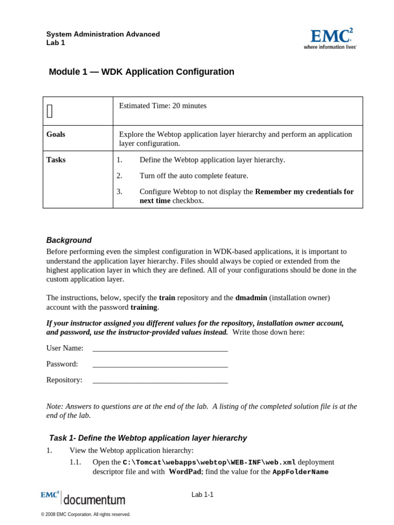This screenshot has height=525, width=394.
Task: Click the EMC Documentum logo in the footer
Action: coord(83,498)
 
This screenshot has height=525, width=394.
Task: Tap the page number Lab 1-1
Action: coord(203,495)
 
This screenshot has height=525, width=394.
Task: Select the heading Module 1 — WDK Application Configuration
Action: coord(142,72)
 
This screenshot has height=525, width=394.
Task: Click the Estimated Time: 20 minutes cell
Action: coord(163,106)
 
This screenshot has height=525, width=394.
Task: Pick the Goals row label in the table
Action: coord(56,134)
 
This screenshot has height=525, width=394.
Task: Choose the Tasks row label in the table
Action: coord(56,160)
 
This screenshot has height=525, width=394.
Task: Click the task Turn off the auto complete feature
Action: coord(193,176)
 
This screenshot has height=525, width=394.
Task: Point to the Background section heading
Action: coord(69,240)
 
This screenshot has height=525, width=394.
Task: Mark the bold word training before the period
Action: coord(144,307)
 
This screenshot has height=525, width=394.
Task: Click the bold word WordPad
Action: coord(185,472)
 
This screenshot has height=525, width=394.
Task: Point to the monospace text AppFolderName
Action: coord(300,472)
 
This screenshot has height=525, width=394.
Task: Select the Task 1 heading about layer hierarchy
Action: coord(148,438)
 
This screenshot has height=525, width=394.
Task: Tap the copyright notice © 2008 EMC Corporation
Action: coord(86,514)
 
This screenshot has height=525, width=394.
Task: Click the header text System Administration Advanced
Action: coord(103,34)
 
